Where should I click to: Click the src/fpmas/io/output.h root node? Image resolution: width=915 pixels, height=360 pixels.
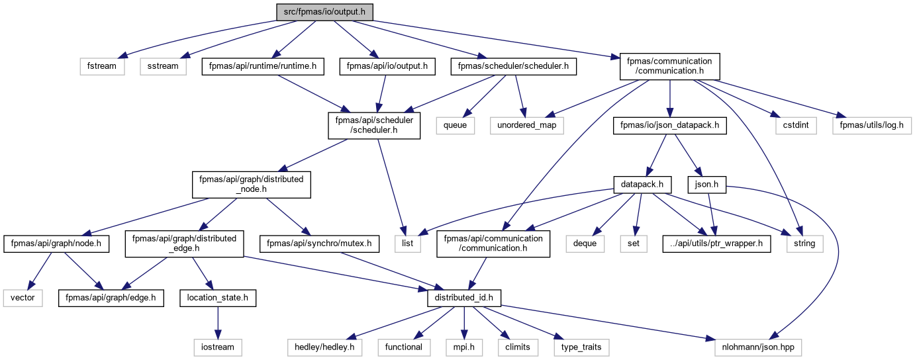[324, 12]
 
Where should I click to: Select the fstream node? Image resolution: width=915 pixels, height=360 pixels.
[102, 66]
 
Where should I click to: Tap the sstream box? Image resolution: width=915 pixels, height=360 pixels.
[163, 66]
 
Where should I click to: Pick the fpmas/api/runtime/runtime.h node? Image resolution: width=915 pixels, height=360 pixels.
[263, 66]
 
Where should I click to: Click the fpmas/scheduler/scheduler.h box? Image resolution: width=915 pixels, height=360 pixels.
[514, 66]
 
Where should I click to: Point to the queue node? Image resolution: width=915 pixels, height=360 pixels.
[455, 125]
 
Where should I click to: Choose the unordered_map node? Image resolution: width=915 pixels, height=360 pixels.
[526, 125]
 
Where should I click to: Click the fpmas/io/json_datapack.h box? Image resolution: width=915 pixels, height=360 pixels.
[669, 125]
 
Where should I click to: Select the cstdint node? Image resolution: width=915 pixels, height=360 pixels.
[796, 125]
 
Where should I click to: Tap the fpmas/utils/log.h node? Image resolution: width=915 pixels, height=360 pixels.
[872, 125]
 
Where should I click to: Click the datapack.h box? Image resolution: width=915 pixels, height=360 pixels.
[642, 185]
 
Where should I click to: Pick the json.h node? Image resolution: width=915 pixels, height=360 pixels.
[706, 185]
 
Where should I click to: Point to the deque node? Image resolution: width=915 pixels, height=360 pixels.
[585, 244]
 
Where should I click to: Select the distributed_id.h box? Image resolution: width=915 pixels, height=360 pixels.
[464, 298]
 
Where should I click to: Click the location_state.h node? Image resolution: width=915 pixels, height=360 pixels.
[218, 298]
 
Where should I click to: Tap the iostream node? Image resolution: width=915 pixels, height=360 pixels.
[218, 347]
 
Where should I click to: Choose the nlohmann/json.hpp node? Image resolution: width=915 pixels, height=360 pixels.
[758, 347]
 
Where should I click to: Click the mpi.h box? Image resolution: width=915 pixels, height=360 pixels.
[464, 347]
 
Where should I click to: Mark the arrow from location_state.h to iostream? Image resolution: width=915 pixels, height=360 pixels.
[218, 323]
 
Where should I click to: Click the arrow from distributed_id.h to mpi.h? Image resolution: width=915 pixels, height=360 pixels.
[464, 323]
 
